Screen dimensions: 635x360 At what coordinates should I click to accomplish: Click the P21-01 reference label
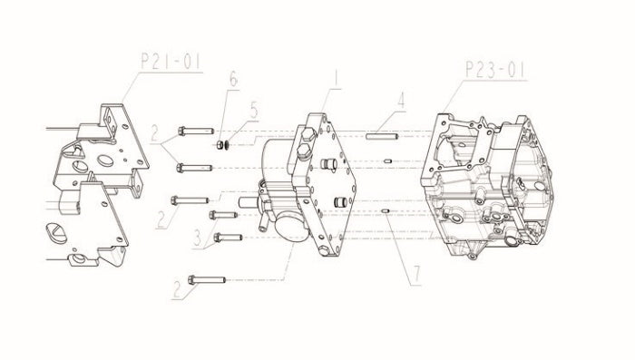(171, 61)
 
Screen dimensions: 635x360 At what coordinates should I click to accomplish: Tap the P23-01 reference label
(495, 70)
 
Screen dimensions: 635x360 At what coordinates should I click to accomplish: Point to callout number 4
(401, 101)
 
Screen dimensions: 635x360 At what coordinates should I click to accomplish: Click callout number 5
(254, 110)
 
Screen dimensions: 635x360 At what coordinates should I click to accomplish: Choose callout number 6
(234, 79)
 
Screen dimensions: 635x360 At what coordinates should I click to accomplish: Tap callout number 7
(415, 274)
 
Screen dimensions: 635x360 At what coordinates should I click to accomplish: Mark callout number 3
(198, 238)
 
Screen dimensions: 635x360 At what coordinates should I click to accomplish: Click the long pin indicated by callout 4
(382, 136)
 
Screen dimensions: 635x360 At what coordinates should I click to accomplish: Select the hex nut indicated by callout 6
(220, 144)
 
